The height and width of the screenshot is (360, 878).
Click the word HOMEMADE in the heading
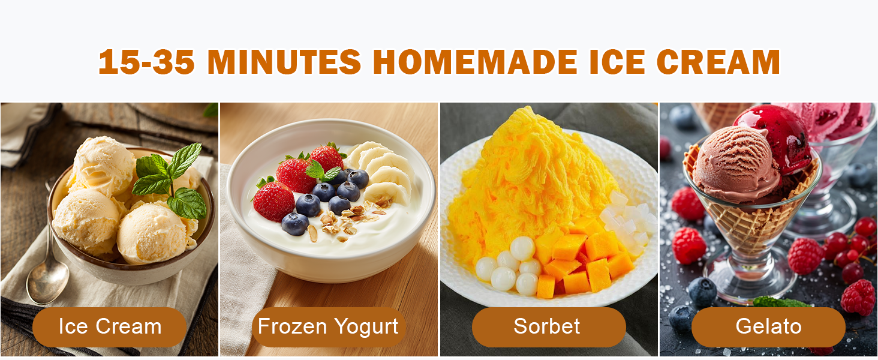(475, 62)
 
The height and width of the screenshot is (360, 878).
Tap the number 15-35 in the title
(146, 62)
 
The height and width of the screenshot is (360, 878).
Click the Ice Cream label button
(110, 327)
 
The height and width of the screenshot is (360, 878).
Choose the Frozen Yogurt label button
(328, 327)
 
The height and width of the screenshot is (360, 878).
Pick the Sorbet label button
(548, 327)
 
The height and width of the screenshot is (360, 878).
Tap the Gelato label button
(768, 327)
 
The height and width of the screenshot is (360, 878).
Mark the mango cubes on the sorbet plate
(585, 258)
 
